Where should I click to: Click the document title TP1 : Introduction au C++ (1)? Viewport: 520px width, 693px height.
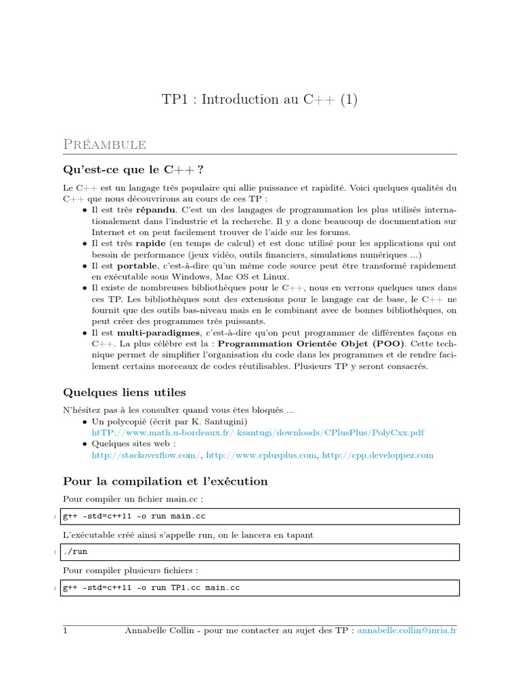coord(259,99)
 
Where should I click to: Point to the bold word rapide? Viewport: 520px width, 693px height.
coord(150,243)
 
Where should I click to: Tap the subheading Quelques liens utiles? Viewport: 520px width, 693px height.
coord(124,393)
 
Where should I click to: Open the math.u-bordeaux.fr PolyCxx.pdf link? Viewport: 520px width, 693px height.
coord(258,432)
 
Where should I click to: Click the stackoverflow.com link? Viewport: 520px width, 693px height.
coord(146,455)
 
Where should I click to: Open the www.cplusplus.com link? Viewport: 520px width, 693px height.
coord(261,455)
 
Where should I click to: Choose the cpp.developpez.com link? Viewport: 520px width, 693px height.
coord(377,455)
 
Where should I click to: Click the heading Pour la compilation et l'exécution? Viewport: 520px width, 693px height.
coord(165,482)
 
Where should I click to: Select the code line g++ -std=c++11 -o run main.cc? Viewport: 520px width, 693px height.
coord(133,516)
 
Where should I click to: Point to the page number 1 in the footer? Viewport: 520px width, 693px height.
coord(66,630)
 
